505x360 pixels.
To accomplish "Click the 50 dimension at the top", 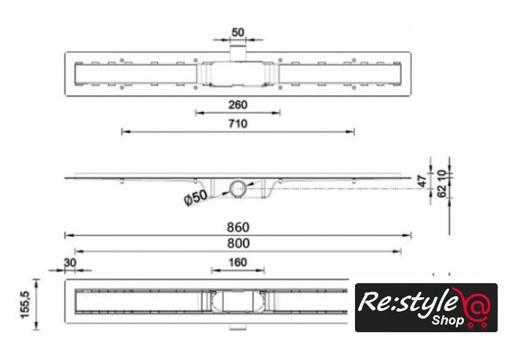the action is pyautogui.click(x=238, y=32).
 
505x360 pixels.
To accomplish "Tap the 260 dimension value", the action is pyautogui.click(x=238, y=105).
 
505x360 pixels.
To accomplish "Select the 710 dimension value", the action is pyautogui.click(x=238, y=124).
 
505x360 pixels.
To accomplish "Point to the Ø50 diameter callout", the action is pyautogui.click(x=195, y=197).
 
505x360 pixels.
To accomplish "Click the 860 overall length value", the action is pyautogui.click(x=238, y=228).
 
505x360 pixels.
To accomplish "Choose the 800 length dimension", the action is pyautogui.click(x=238, y=244).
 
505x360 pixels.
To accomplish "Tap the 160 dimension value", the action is pyautogui.click(x=238, y=263).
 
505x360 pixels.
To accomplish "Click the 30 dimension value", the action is pyautogui.click(x=70, y=263).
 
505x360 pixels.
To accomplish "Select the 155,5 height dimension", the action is pyautogui.click(x=25, y=304).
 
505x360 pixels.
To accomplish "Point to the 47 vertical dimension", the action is pyautogui.click(x=422, y=181).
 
